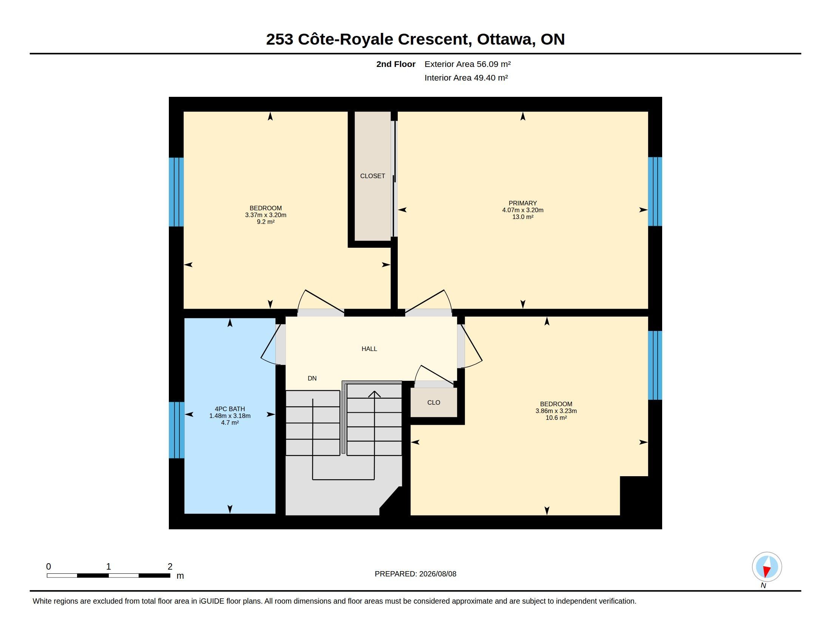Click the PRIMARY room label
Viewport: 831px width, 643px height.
(x=522, y=203)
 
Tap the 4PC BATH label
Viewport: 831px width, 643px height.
(x=230, y=409)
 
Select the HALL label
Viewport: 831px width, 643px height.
(x=369, y=349)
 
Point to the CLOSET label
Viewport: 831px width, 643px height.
(x=372, y=176)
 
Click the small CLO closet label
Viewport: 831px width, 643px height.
(x=433, y=402)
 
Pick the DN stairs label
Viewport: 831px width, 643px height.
(x=312, y=378)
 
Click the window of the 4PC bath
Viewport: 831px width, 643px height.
(x=176, y=430)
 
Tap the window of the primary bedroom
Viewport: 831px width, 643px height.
(x=655, y=192)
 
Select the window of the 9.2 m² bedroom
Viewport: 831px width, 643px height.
(x=176, y=192)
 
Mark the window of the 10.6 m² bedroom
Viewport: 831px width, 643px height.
(x=655, y=365)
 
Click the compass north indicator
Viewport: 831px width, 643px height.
(x=767, y=567)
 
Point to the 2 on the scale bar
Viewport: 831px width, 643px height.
(x=170, y=567)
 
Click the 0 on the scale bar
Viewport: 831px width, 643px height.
(x=49, y=567)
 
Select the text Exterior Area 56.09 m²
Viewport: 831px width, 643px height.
(x=468, y=64)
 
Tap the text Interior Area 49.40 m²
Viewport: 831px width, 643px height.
(x=466, y=78)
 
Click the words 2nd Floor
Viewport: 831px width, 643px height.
(x=396, y=64)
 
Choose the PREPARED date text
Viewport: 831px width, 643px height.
(x=415, y=574)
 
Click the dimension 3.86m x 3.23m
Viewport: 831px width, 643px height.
(x=556, y=411)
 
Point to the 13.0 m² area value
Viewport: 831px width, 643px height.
(x=522, y=217)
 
